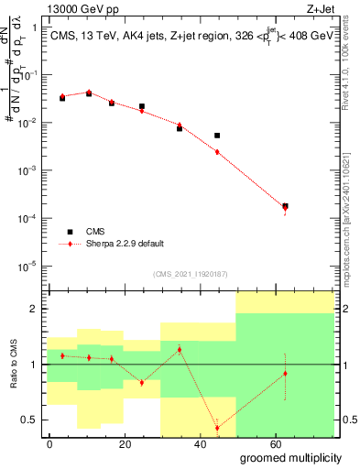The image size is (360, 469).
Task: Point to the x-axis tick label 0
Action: click(49, 443)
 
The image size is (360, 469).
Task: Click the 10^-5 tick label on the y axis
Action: click(30, 267)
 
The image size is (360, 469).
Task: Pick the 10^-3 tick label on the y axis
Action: click(30, 170)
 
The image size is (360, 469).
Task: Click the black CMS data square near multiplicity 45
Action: click(217, 136)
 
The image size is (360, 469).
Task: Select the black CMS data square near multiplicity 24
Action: click(142, 107)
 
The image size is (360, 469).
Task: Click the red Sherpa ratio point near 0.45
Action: click(217, 428)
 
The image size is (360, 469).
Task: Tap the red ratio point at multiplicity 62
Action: click(285, 374)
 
